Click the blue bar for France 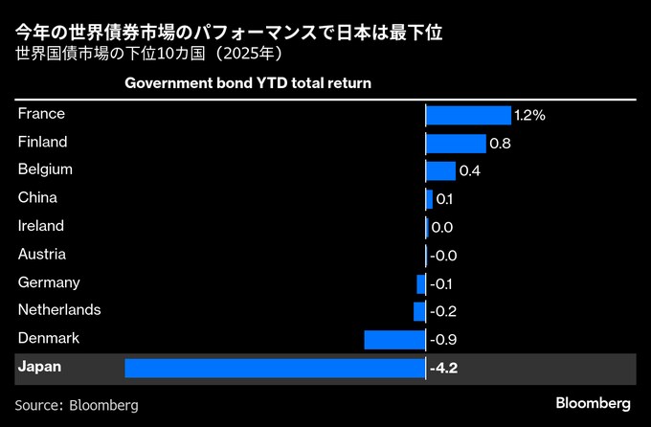[x=468, y=115]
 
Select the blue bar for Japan [x=275, y=368]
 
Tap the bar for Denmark [x=394, y=339]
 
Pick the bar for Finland [x=456, y=143]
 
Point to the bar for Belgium [x=440, y=170]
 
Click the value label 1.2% [x=529, y=115]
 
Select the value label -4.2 [x=444, y=368]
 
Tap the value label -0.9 [x=443, y=339]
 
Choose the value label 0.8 [x=500, y=143]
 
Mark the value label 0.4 [x=469, y=170]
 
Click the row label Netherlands [x=59, y=310]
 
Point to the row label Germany [x=49, y=282]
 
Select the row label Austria [x=42, y=255]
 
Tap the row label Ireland [x=41, y=226]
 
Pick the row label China [x=38, y=198]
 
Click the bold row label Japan [x=39, y=367]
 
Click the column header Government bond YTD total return [x=248, y=83]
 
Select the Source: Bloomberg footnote [x=77, y=405]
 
